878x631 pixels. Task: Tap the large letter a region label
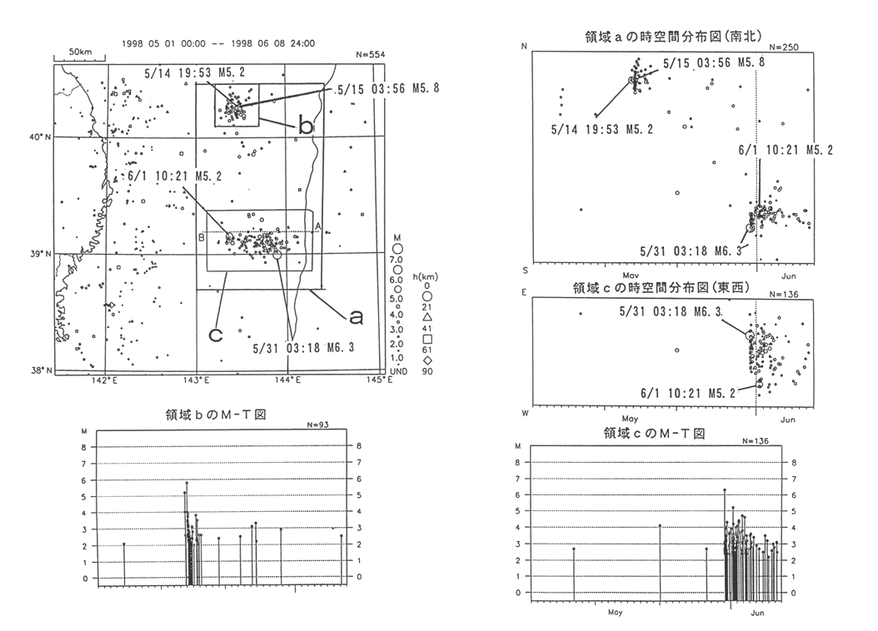(355, 316)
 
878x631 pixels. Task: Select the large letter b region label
(307, 127)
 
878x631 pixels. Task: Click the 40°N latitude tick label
(39, 137)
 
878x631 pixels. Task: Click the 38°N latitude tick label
(39, 370)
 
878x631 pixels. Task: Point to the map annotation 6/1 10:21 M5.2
(163, 177)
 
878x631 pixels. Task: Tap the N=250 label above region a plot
(786, 47)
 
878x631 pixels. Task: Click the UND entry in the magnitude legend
(398, 370)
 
